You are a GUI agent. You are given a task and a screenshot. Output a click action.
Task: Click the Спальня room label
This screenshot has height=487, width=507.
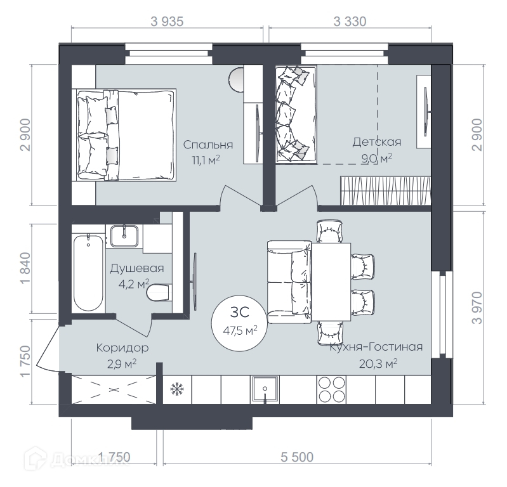[208, 145]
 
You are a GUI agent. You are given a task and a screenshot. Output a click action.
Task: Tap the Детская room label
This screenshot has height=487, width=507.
[377, 142]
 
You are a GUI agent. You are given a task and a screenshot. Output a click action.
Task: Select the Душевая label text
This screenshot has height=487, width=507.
[137, 268]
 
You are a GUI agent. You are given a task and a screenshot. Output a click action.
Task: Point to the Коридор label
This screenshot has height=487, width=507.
[122, 348]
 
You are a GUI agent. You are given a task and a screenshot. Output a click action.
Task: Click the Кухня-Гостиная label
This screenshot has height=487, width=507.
[376, 347]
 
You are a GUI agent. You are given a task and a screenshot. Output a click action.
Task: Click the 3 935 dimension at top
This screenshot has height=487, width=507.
[167, 22]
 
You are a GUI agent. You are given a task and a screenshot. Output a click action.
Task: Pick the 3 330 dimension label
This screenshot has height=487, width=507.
[350, 22]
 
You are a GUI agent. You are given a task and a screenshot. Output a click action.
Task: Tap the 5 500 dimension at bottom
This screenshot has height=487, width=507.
[297, 457]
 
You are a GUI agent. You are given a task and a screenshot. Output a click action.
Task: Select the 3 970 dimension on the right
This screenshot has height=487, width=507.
[477, 308]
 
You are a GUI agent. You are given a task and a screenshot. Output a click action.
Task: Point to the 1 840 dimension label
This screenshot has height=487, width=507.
[25, 268]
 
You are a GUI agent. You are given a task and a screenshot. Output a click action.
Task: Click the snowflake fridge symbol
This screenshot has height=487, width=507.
[177, 389]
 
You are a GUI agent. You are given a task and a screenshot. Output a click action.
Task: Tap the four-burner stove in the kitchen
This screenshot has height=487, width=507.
[331, 389]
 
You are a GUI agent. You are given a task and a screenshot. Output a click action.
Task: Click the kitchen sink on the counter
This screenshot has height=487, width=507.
[265, 389]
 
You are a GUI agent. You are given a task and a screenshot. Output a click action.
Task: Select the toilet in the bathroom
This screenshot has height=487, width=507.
[159, 293]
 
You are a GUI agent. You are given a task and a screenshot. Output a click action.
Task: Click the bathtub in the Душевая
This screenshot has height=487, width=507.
[88, 273]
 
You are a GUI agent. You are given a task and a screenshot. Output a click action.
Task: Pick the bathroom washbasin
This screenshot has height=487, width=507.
[124, 237]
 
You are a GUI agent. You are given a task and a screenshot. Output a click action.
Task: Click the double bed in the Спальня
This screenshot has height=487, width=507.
[126, 135]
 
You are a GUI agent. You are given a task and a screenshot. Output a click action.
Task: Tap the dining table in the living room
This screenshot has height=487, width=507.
[331, 282]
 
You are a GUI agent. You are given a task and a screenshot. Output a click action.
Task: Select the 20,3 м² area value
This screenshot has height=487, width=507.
[378, 364]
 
